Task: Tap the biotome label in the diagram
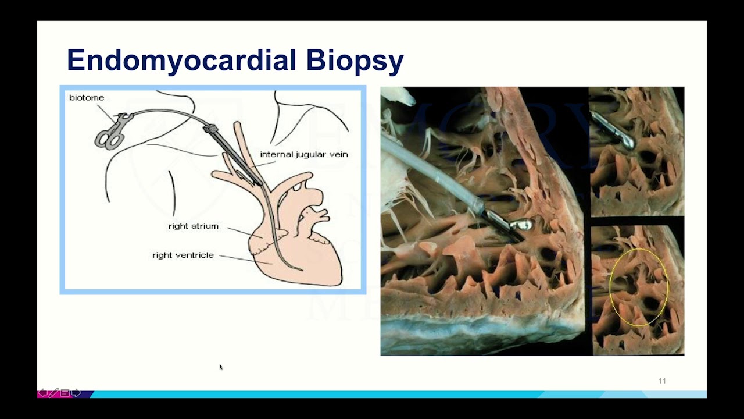point(87,98)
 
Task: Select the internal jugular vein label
point(304,154)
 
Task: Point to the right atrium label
point(194,226)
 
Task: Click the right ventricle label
point(183,255)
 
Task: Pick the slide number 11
point(662,381)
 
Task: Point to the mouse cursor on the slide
point(221,367)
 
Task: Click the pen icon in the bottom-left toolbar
point(53,393)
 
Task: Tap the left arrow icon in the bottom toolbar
point(42,393)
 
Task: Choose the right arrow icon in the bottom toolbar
point(76,393)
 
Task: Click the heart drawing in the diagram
point(302,244)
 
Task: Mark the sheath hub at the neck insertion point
point(210,128)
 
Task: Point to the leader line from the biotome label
point(106,112)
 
